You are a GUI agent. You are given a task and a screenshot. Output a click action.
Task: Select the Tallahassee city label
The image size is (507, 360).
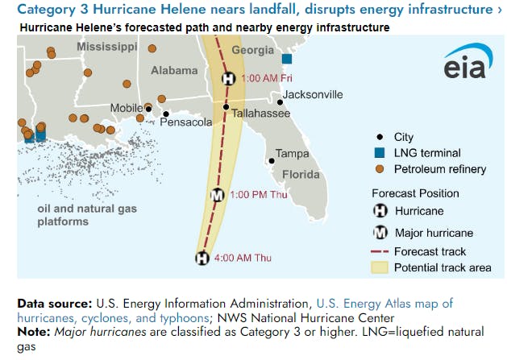click(260, 114)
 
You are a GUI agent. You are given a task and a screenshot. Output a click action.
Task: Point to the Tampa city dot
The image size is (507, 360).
click(272, 161)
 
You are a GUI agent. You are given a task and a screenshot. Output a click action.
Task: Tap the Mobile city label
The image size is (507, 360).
click(126, 108)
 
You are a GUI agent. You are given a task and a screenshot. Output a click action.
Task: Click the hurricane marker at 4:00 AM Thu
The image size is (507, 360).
click(202, 258)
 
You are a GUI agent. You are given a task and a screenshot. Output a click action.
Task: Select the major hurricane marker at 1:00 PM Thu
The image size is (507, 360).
click(217, 195)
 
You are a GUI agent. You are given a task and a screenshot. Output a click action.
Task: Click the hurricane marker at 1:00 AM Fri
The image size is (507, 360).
click(228, 79)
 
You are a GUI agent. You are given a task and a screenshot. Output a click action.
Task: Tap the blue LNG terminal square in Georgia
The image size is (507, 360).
click(286, 59)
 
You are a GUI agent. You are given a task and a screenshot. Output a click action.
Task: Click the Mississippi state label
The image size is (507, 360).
click(107, 48)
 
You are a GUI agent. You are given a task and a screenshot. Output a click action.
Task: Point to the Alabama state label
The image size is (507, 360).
click(174, 71)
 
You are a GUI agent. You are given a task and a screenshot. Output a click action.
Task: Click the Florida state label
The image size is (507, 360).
click(300, 175)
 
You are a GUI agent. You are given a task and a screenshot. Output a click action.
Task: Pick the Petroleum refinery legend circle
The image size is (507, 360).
click(380, 169)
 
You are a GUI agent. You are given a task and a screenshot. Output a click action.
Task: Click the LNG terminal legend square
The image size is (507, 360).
click(380, 153)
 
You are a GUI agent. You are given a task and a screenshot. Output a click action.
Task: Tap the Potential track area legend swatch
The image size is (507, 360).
click(380, 267)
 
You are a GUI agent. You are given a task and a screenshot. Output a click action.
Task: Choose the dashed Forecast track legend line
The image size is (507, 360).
click(380, 252)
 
